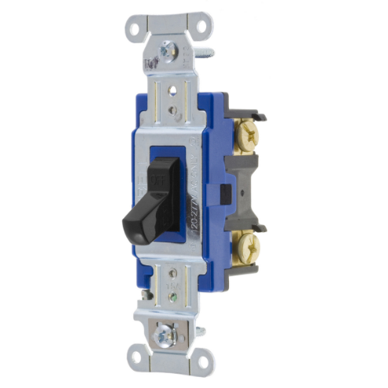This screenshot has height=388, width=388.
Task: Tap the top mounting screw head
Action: pyautogui.click(x=166, y=52)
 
